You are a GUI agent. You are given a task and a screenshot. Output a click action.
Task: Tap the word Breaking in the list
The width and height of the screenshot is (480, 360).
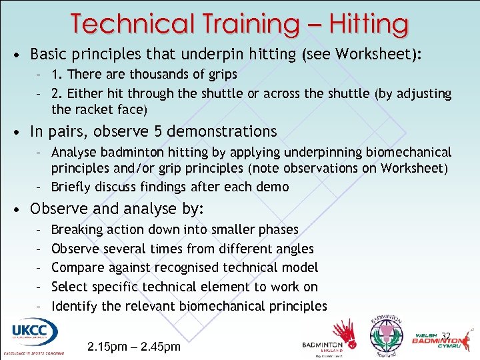click(77, 229)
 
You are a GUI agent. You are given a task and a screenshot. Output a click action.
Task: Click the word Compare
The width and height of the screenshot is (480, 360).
click(77, 268)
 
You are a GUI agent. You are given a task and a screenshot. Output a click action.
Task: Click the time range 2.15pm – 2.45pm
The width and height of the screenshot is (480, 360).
click(133, 347)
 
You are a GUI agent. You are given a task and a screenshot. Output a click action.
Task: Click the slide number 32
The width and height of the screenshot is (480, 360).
click(446, 336)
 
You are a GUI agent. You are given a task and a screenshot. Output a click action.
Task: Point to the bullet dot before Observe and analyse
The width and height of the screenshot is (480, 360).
click(21, 209)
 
